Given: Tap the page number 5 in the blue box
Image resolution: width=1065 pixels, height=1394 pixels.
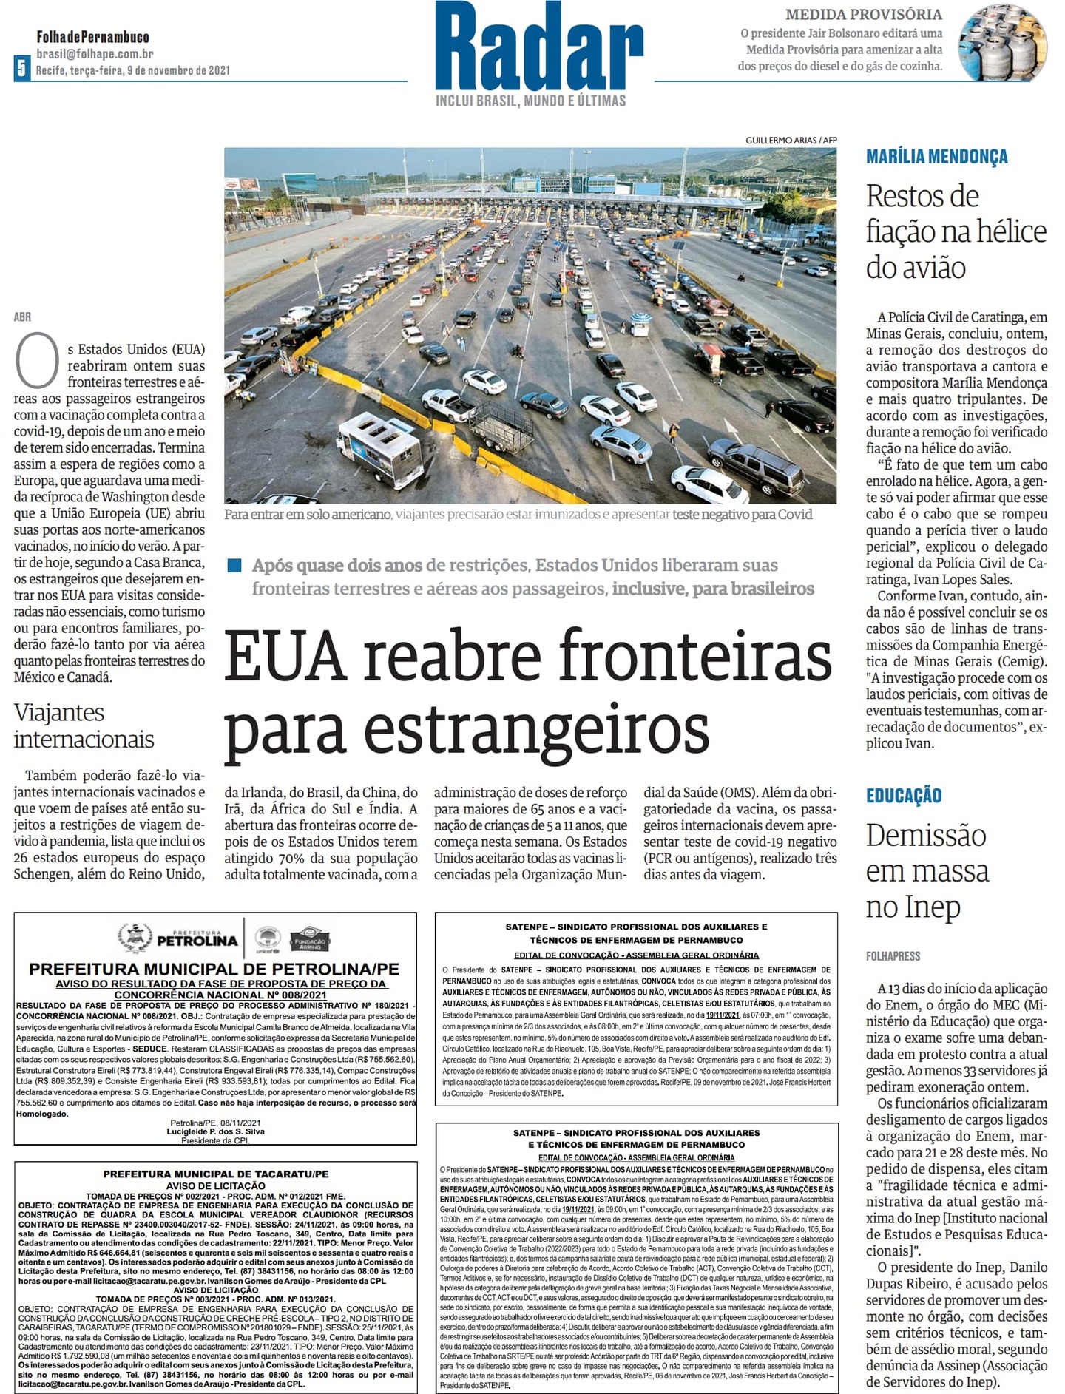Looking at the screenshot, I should point(21,69).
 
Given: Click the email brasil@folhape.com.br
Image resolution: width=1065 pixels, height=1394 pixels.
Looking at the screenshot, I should point(95,53).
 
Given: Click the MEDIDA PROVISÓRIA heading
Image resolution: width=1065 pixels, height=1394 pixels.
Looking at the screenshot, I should point(863,15).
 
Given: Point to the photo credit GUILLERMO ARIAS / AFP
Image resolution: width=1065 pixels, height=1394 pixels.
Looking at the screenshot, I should point(791,141).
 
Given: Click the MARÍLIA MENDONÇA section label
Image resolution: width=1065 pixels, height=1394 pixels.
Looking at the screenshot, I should point(936,157).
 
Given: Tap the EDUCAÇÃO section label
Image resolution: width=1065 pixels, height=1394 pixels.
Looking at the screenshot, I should point(903,796).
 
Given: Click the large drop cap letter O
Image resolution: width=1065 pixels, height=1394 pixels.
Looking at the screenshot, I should point(37,360).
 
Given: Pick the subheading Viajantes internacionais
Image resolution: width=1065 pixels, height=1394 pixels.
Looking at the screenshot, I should point(84,725).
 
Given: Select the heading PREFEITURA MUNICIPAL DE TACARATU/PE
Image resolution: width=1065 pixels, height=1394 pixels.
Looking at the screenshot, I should point(215,1174).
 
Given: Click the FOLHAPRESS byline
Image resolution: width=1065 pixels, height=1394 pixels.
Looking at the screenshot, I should point(893,956).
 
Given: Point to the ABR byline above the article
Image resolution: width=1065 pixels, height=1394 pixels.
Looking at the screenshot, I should point(22,317).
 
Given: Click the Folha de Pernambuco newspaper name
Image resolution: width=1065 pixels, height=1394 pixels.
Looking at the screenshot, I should point(92,37).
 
